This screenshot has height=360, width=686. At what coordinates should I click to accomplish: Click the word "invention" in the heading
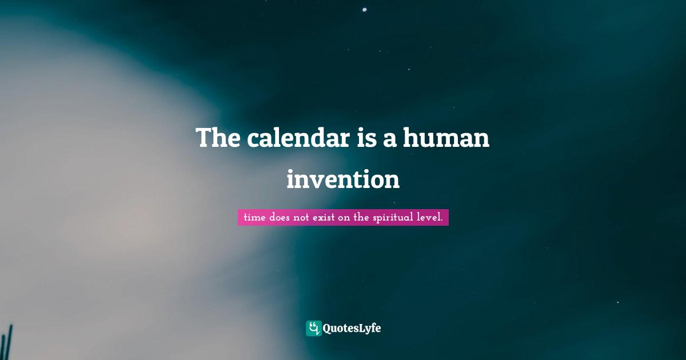tap(343, 179)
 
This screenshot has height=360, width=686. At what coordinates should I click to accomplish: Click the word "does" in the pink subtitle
tap(280, 218)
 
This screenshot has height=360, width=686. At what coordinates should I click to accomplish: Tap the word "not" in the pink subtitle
tap(304, 218)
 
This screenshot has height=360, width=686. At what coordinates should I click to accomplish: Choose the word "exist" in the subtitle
tap(326, 218)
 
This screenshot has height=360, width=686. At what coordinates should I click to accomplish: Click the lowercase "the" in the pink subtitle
tap(361, 218)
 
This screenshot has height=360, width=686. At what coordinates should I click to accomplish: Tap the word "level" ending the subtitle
tap(429, 218)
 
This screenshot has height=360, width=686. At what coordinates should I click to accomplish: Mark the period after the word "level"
tap(442, 221)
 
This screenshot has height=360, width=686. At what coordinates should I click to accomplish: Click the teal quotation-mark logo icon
tap(313, 328)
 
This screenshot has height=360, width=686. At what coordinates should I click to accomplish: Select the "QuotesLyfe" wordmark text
tap(352, 328)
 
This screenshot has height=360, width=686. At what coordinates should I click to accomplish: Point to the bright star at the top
tap(365, 9)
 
